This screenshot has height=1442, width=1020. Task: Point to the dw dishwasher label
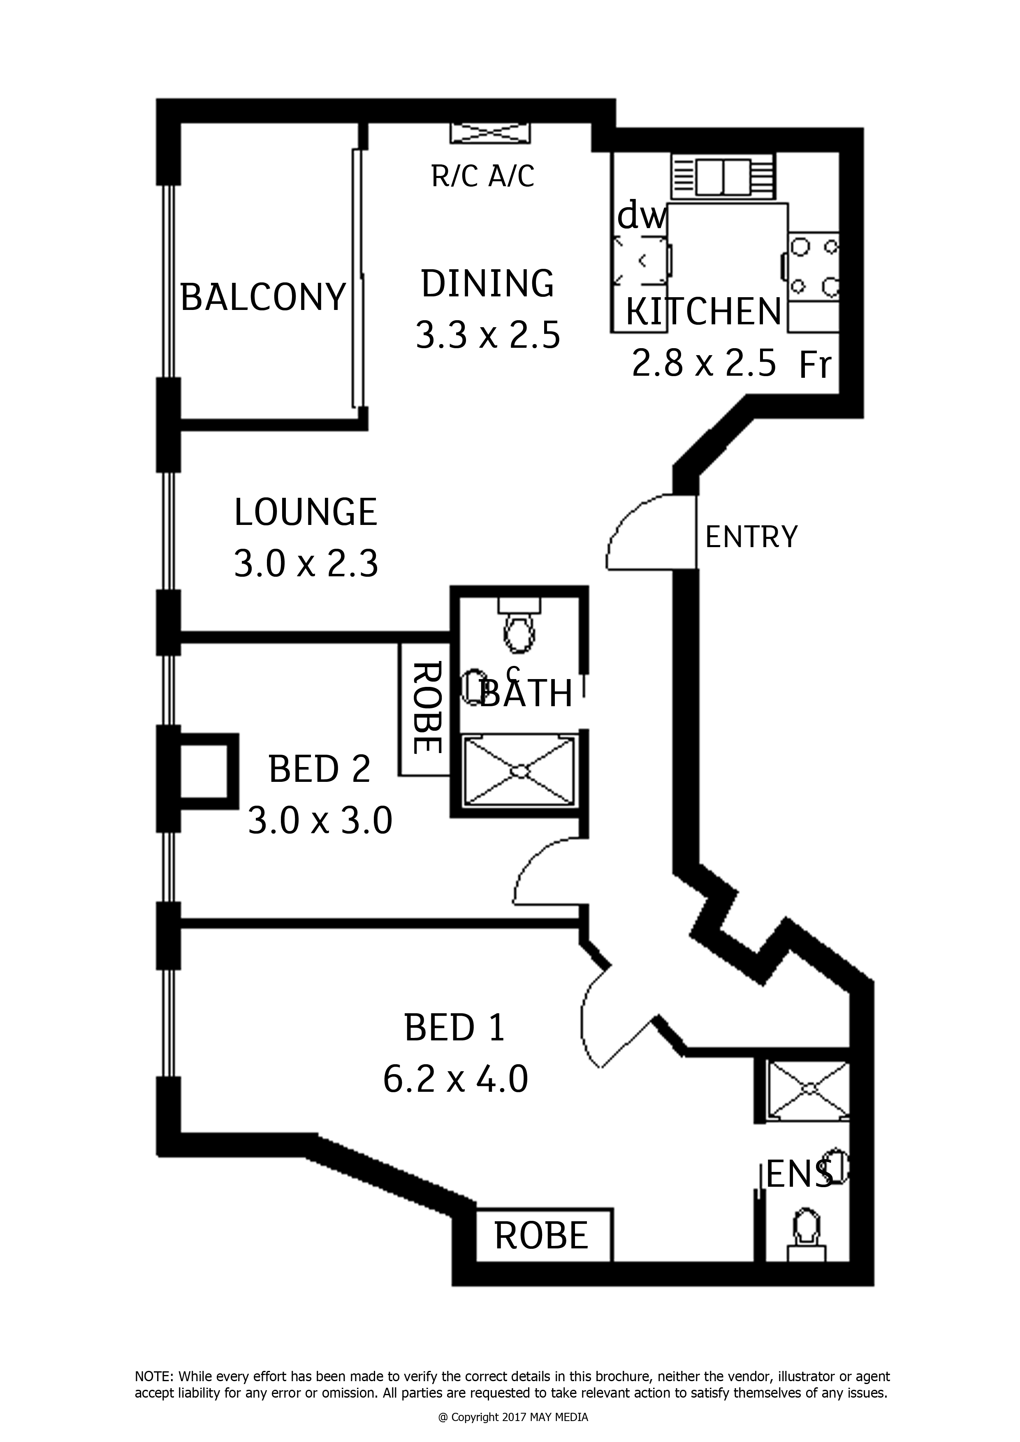pos(642,217)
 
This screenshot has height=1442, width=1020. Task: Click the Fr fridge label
pos(815,365)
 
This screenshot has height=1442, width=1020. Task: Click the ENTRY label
pos(751,537)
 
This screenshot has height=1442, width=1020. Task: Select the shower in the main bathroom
pos(519,771)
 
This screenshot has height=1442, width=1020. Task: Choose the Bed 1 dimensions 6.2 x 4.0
pos(455,1080)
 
